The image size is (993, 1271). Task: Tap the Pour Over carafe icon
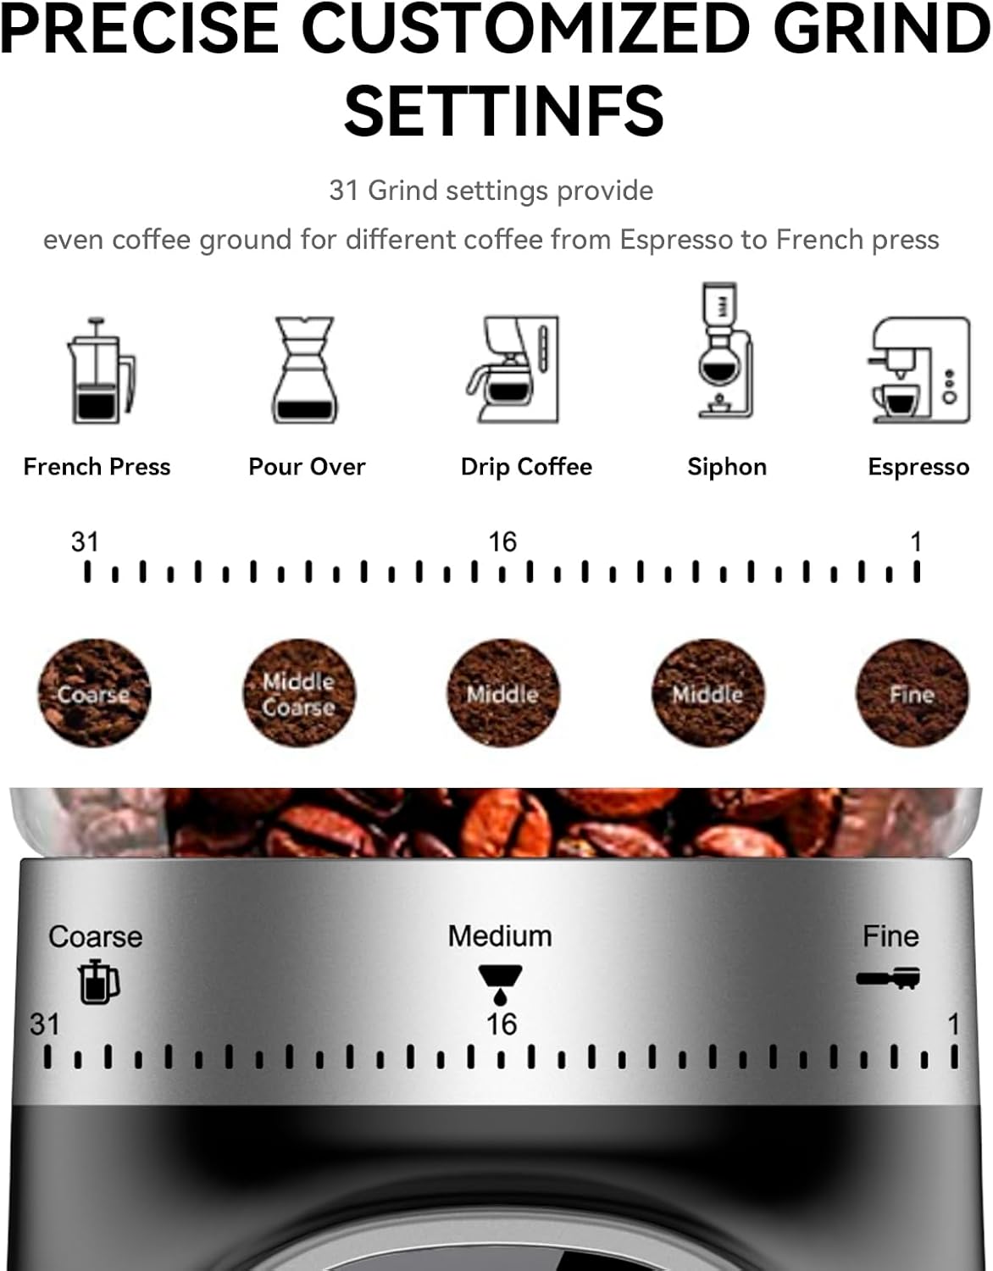304,370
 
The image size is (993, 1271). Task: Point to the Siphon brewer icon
725,351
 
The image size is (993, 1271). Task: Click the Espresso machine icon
920,370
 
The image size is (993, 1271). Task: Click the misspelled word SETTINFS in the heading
504,111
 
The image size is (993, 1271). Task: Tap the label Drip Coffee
526,467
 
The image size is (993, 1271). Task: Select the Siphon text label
727,467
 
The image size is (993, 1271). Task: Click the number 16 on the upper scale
502,541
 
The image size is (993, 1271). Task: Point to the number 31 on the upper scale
85,541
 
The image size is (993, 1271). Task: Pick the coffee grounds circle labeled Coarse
94,693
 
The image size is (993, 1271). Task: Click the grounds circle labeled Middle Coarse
298,693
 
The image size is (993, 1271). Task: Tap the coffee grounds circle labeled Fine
912,693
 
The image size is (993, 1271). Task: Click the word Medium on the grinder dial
500,936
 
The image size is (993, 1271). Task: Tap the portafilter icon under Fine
888,978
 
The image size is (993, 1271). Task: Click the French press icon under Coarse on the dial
98,982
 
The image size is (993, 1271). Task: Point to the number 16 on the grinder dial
501,1024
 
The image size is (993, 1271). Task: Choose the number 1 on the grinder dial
953,1024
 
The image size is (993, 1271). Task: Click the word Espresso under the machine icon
918,467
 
